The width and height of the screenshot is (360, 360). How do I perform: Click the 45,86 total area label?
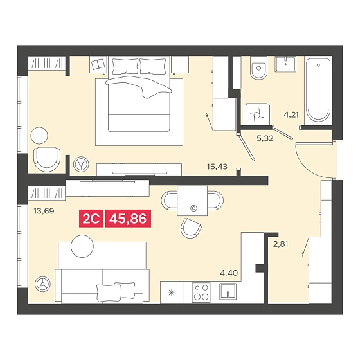coord(128,219)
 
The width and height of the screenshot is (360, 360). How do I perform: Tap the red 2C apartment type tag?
coord(91,219)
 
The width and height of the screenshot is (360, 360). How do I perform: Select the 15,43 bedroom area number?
coord(217,166)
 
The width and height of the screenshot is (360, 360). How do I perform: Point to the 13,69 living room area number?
coord(44,211)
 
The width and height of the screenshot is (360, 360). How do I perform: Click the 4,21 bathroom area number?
coord(291,114)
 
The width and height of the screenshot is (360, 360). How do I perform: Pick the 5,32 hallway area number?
coord(265,138)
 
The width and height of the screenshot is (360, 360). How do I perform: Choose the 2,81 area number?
coord(280,244)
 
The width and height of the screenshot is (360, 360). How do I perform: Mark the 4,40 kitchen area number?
coord(229,273)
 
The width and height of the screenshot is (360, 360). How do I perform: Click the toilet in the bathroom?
coord(259,67)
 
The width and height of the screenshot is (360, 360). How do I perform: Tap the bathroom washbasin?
coord(285,64)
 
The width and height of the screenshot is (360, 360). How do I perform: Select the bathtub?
coord(318,91)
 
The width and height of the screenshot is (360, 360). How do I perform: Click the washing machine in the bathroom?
coord(257,114)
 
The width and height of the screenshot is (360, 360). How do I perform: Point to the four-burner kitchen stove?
coord(201,292)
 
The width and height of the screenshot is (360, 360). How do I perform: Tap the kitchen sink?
coord(228,291)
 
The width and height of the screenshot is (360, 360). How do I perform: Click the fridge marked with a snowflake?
coord(172,292)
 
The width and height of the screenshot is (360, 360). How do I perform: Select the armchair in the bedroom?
coord(47,159)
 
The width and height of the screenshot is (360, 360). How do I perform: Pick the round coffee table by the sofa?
coord(82,246)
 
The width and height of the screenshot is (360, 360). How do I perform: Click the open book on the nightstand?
coord(98,64)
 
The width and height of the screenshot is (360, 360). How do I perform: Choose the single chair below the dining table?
coord(191,228)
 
